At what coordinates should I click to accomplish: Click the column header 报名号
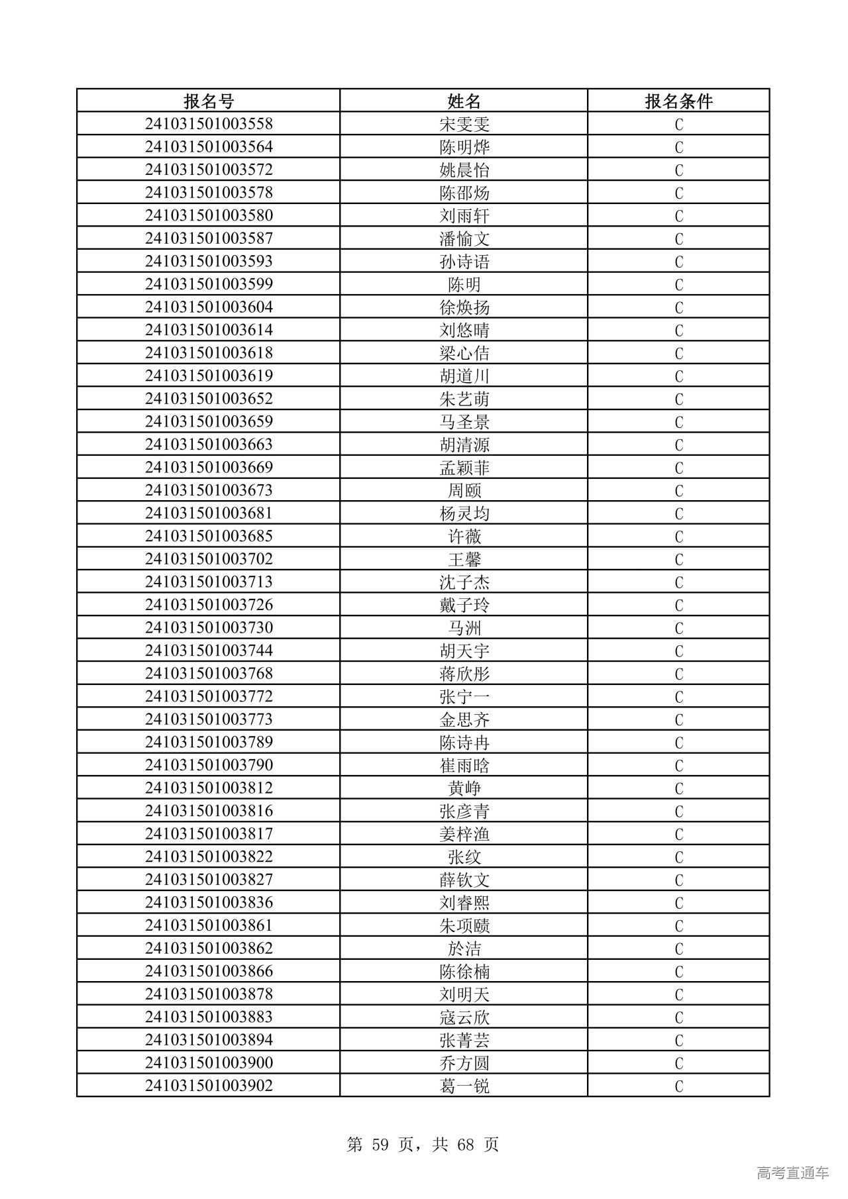click(209, 101)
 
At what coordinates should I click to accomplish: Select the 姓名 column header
click(464, 101)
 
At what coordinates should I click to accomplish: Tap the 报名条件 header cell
click(678, 101)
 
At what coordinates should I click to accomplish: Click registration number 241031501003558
click(209, 124)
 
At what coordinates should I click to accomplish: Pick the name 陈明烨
click(464, 147)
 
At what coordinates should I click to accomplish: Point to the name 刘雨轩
click(464, 216)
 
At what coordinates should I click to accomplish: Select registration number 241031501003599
click(209, 284)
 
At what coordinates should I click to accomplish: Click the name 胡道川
click(464, 376)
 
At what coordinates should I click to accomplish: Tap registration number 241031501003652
click(209, 399)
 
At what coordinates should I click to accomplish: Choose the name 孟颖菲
click(464, 468)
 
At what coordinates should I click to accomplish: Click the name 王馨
click(464, 559)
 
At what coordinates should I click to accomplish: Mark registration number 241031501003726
click(209, 605)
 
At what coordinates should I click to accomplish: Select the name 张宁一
click(464, 697)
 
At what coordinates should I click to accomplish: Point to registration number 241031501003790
click(209, 765)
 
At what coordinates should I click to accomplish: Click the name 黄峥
click(464, 788)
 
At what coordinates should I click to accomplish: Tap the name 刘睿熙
click(464, 903)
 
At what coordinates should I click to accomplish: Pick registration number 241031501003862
click(209, 949)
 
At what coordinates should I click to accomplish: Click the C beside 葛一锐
click(678, 1086)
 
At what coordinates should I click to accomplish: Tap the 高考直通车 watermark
click(792, 1173)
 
